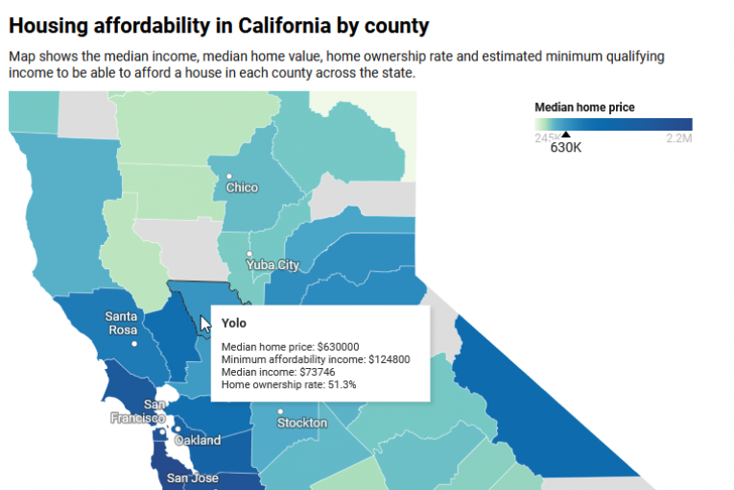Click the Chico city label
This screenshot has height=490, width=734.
[242, 187]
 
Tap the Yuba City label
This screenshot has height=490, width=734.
[272, 264]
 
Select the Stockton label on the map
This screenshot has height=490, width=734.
[302, 423]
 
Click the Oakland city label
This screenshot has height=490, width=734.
[198, 440]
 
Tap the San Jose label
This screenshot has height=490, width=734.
[193, 478]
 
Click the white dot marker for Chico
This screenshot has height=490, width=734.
[229, 176]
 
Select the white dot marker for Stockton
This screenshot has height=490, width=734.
[280, 411]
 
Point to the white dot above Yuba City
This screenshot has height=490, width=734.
[249, 254]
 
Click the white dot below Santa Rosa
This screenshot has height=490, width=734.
[135, 343]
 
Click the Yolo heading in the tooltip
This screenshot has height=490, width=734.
[234, 324]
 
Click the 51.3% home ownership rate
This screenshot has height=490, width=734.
[342, 384]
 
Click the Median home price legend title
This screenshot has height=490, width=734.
[584, 108]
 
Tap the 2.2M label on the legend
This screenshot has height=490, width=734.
[678, 139]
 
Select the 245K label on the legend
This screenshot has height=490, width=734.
[548, 139]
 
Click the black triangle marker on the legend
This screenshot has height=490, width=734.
[565, 135]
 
